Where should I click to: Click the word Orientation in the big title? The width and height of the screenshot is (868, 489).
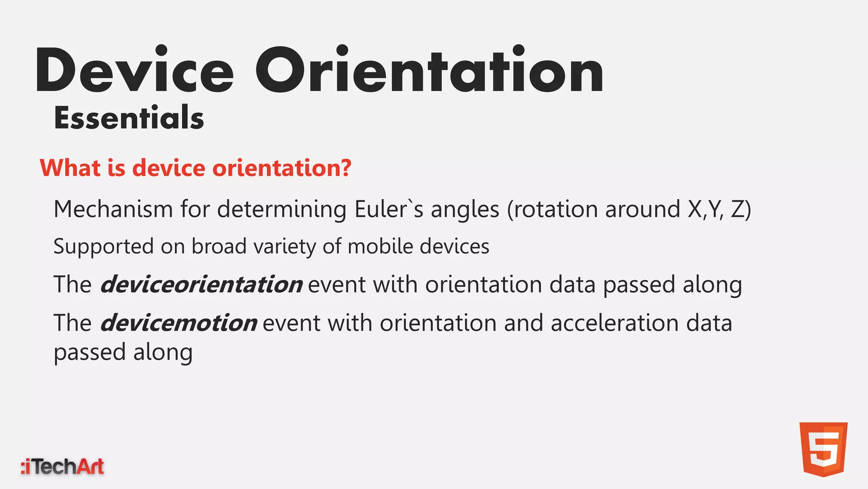[429, 70]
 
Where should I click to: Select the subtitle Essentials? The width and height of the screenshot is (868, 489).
[129, 118]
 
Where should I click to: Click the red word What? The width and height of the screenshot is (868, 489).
[70, 168]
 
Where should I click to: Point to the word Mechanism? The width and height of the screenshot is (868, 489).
[113, 209]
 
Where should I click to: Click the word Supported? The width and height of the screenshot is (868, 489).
[103, 247]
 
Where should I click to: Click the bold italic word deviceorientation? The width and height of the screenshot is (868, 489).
[201, 284]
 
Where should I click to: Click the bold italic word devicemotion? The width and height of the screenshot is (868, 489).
[178, 323]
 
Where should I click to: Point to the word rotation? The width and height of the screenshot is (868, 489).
[556, 209]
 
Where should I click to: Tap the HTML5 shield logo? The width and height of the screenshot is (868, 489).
[823, 449]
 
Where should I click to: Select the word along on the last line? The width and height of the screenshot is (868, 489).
[163, 352]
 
